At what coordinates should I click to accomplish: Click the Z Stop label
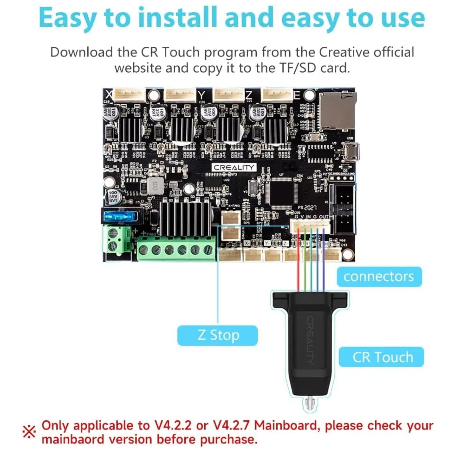(x=218, y=335)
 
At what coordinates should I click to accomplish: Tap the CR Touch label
(x=381, y=357)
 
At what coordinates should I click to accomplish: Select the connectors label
(x=379, y=277)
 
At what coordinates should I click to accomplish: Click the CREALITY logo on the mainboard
(x=234, y=168)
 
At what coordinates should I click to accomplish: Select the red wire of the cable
(x=298, y=259)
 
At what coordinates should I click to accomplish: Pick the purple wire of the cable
(x=324, y=259)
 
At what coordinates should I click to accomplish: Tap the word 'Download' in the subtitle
(x=81, y=52)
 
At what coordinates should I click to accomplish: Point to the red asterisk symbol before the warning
(x=29, y=432)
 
